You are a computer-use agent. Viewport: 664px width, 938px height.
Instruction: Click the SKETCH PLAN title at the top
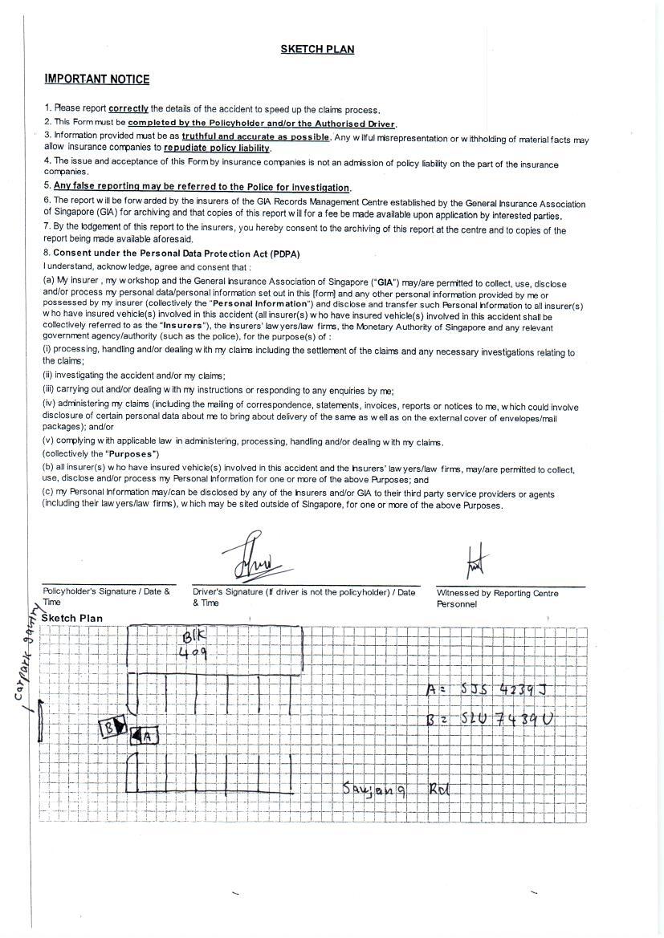click(x=317, y=49)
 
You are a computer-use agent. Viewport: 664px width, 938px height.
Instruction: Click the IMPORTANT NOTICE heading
click(x=96, y=79)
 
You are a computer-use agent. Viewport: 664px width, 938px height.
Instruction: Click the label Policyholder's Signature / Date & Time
click(x=106, y=596)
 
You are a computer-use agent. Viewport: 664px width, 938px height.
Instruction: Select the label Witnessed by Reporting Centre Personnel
click(x=497, y=598)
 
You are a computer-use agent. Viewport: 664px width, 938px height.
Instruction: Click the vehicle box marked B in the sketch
click(x=112, y=727)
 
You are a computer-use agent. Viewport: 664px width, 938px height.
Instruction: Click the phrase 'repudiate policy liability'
click(x=217, y=148)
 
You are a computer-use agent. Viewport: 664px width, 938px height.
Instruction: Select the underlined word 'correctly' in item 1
click(x=128, y=108)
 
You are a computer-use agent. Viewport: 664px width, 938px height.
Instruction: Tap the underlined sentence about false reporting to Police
click(x=202, y=187)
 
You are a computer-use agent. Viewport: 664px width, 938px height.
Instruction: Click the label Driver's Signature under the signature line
click(x=304, y=597)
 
